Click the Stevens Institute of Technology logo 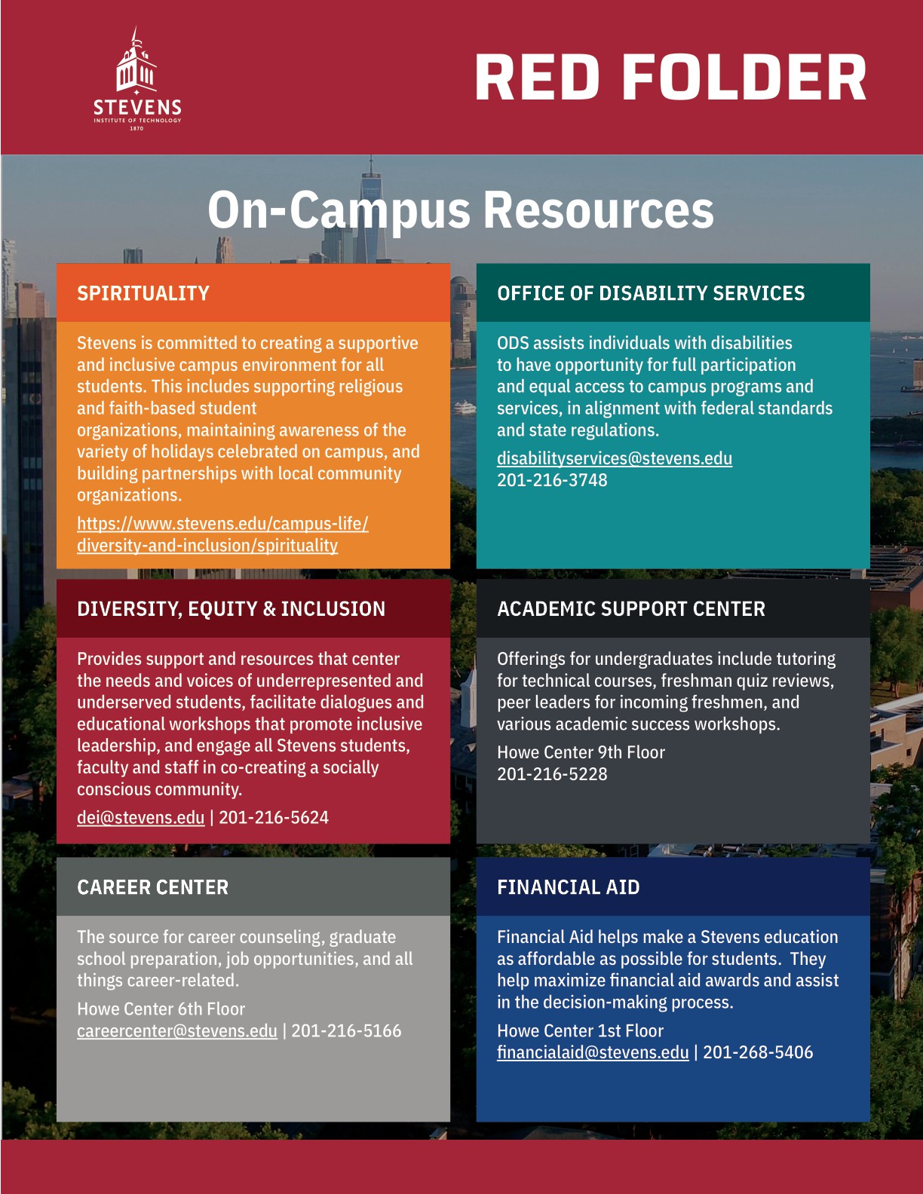(x=137, y=80)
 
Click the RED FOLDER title (x=670, y=78)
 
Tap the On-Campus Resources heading (x=460, y=210)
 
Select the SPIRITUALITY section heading (x=143, y=293)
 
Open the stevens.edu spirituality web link (x=222, y=534)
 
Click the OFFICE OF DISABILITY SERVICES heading (x=651, y=293)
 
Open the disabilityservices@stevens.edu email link (x=614, y=458)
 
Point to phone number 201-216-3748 (x=552, y=480)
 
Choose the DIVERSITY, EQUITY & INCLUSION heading (x=231, y=609)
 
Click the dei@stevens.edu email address (x=140, y=818)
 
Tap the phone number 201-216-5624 (x=274, y=818)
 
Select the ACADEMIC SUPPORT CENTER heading (x=630, y=609)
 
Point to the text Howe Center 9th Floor (x=581, y=752)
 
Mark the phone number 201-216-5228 (x=552, y=774)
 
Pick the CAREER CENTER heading (x=152, y=887)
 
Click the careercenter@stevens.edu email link (x=176, y=1031)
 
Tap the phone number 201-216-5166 (x=346, y=1031)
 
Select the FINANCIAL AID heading (x=568, y=887)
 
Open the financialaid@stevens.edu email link (x=593, y=1053)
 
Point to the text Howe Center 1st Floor (x=580, y=1031)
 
